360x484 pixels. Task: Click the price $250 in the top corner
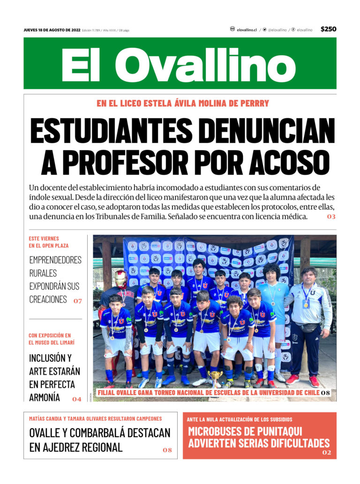pos(328,29)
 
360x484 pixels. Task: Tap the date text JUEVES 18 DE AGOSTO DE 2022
pos(52,30)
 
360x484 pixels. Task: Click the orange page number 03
pos(331,217)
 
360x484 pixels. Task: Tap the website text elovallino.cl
pos(247,30)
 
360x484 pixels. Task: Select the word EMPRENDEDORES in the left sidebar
pos(55,260)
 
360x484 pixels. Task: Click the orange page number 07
pos(77,301)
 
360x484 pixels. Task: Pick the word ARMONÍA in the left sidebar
pos(45,397)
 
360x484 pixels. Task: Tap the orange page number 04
pos(76,399)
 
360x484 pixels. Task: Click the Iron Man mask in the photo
pos(121,279)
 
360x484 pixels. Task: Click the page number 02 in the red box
pos(327,453)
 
